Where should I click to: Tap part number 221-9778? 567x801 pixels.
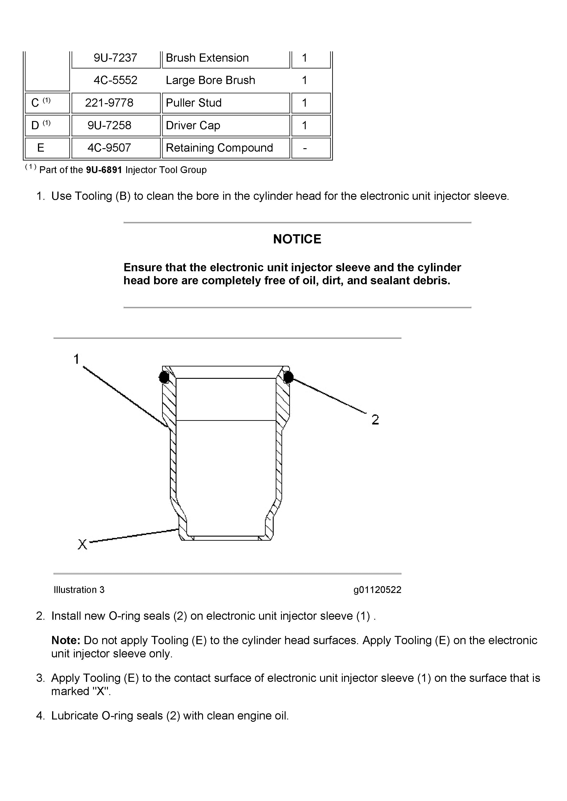[109, 103]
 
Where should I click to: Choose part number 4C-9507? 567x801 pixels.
[109, 148]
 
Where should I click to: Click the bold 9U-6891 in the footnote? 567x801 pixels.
[104, 170]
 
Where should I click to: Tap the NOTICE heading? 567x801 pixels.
[297, 239]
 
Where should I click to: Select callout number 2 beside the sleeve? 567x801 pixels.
[375, 420]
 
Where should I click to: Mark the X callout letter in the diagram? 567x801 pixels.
[82, 545]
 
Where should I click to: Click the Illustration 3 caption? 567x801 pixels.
[79, 590]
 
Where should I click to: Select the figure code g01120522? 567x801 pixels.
[377, 590]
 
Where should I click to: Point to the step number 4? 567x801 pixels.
[40, 716]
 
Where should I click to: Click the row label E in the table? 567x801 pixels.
[40, 148]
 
